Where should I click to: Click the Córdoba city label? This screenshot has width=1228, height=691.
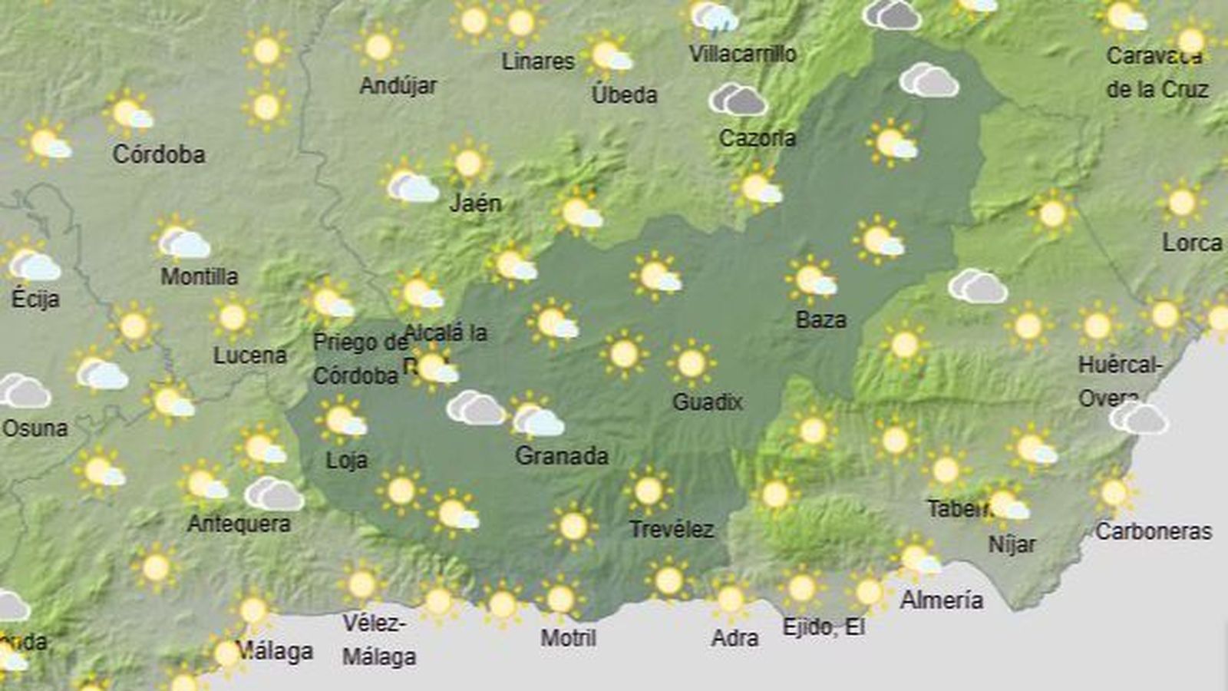click(159, 154)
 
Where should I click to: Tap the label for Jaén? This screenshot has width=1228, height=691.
click(475, 203)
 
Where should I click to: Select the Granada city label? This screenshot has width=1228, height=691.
click(562, 456)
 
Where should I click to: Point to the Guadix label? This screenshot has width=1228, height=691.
click(707, 402)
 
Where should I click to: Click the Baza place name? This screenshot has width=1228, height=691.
click(820, 319)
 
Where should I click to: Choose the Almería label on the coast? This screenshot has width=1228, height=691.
click(941, 600)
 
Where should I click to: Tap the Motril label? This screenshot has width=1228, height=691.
click(568, 637)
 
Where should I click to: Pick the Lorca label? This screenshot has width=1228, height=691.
click(1192, 243)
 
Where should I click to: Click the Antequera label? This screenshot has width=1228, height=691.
click(239, 524)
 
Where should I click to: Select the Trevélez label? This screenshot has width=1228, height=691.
click(671, 529)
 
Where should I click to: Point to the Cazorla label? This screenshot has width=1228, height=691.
click(757, 138)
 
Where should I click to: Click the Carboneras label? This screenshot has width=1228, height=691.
click(1154, 531)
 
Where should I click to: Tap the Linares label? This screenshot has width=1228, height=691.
click(537, 61)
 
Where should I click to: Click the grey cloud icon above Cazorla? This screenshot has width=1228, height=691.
click(738, 100)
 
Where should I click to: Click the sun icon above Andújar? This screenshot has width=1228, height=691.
click(378, 47)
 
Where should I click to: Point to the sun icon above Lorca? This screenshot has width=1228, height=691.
click(1181, 203)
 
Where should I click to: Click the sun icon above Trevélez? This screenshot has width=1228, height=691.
click(649, 491)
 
